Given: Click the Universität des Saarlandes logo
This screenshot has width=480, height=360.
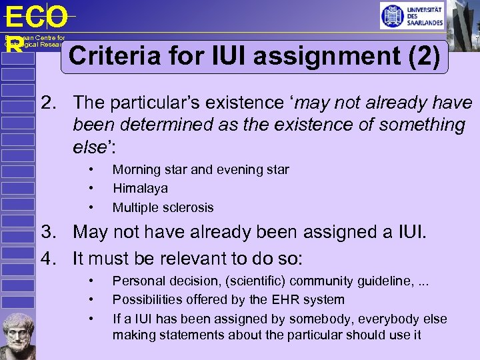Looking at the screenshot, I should click(411, 15).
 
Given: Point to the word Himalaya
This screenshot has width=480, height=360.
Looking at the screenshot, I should click(140, 189).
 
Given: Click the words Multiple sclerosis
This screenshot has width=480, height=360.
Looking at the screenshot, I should click(163, 207).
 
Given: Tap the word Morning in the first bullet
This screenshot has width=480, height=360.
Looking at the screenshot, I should click(136, 169).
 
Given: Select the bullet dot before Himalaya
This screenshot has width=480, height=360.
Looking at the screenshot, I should click(92, 189).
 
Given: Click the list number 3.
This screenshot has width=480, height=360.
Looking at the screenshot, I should click(46, 233).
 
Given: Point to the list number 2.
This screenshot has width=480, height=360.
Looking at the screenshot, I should click(46, 103).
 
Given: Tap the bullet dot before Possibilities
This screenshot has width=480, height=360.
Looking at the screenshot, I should click(92, 300).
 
